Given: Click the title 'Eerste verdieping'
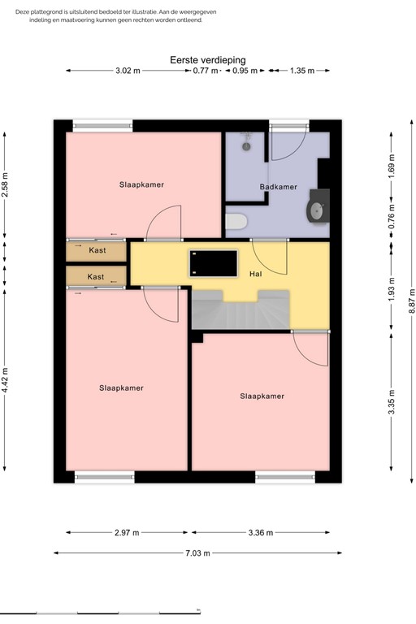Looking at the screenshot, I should pos(207,60).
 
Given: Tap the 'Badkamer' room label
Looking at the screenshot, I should pos(278,187).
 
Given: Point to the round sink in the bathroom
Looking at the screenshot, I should pos(315,211).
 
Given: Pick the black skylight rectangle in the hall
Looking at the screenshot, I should pos(213,263).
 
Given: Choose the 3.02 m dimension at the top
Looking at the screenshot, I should pos(128,71).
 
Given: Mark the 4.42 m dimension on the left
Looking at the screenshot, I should pos(5,379).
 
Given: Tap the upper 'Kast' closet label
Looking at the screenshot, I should pos(97,250).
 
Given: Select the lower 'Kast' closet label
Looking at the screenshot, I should pos(96,277).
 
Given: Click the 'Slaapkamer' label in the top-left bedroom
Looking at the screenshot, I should pos(141,184).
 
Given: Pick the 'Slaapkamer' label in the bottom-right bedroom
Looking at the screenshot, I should pos(262,396).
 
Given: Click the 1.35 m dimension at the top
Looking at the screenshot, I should pos(301,71).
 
